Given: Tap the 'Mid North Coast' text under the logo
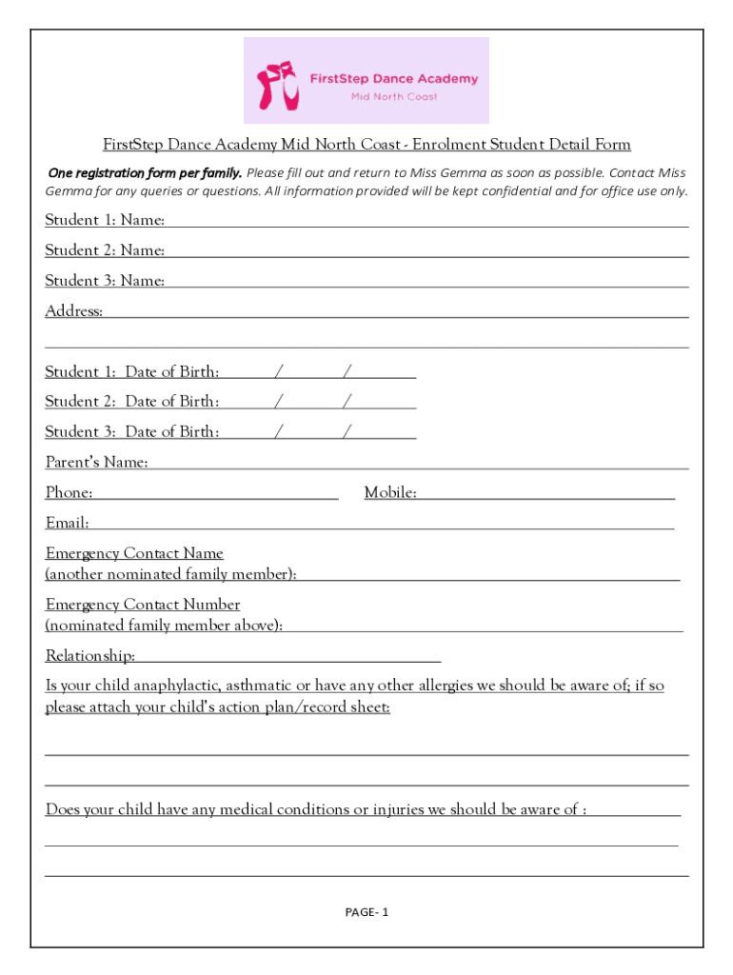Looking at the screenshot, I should [x=393, y=97].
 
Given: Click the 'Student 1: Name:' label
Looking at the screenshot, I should [x=105, y=220].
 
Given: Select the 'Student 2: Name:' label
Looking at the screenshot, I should [x=105, y=250].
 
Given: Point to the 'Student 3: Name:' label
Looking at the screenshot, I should [x=105, y=281].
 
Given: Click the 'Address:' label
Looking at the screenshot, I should [x=74, y=311].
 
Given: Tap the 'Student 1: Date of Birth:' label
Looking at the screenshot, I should [x=132, y=371].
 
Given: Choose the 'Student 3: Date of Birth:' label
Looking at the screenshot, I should [x=132, y=431].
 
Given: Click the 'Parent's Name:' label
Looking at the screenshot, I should [x=96, y=463].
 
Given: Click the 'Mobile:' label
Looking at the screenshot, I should [x=390, y=493].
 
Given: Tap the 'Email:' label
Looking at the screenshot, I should [x=68, y=523].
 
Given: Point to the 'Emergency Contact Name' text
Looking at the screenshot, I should [x=134, y=553].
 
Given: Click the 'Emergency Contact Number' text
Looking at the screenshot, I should [x=143, y=605].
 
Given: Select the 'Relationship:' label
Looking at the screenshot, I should [x=90, y=656].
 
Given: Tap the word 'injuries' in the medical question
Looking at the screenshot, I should [x=398, y=809].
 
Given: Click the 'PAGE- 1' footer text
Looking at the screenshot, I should [x=366, y=912].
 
